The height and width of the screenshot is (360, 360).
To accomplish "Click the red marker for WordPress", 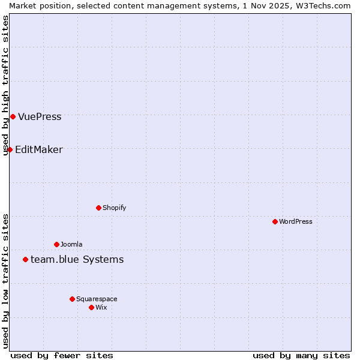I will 275,221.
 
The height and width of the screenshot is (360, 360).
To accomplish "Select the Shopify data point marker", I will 98,208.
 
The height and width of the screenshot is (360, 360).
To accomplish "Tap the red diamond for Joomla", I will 56,244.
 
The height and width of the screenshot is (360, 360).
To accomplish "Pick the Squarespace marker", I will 72,299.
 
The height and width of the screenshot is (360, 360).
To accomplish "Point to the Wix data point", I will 91,307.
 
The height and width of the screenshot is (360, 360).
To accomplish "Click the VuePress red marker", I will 13,116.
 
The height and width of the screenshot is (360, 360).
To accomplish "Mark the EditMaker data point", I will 10,149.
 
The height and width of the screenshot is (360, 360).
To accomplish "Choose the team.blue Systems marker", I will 25,259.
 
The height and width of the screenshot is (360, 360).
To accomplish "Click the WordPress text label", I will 296,221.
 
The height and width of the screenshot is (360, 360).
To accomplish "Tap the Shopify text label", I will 114,208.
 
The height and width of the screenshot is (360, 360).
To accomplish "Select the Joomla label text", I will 71,244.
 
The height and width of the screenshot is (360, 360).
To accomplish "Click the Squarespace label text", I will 97,299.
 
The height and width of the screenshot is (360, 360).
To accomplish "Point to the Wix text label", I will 101,307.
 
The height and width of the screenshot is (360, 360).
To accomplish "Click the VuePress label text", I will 40,116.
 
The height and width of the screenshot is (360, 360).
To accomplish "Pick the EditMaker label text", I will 38,149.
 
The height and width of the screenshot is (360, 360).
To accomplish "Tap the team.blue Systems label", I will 77,259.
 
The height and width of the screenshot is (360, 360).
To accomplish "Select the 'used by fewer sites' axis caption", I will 62,355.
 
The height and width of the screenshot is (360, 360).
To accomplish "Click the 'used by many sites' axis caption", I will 301,355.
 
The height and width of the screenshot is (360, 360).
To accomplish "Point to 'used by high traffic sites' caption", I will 5,85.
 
